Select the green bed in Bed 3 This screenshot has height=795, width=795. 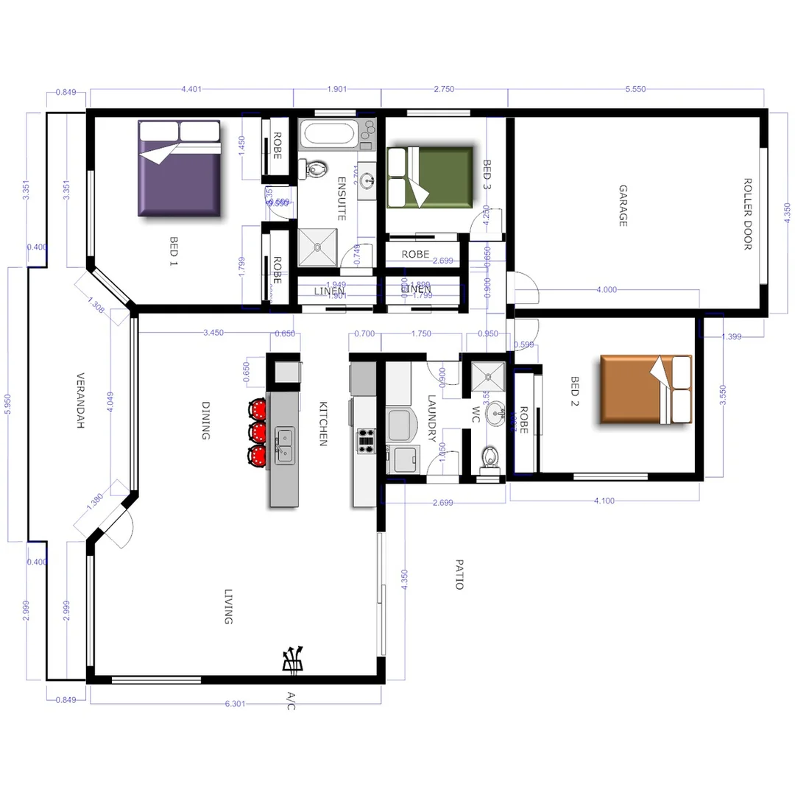429,177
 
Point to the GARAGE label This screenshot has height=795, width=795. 623,205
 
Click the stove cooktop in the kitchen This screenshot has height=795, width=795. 366,439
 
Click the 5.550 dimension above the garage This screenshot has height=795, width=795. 635,88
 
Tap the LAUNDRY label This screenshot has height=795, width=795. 433,419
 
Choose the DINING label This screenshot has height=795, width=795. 206,420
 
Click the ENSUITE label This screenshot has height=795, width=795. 342,199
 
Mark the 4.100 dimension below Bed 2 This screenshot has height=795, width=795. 604,501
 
